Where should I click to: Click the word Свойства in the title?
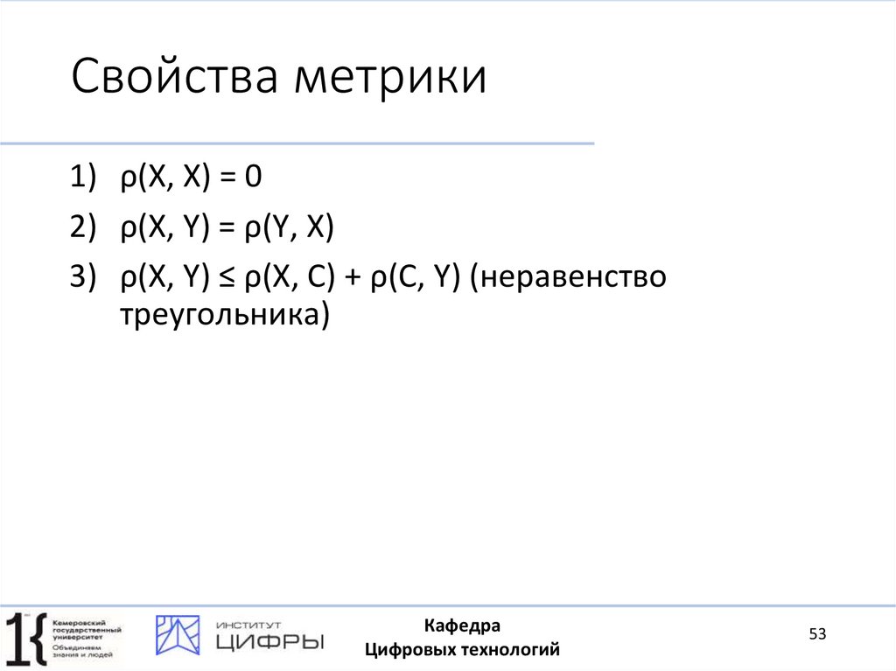point(175,79)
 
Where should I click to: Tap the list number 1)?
point(82,179)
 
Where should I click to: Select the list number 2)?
point(82,228)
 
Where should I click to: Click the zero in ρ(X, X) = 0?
point(254,179)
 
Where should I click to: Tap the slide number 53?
point(817,634)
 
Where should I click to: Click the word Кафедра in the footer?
point(462,626)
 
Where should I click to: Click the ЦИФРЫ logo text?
point(269,642)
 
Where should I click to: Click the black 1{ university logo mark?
point(24,636)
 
